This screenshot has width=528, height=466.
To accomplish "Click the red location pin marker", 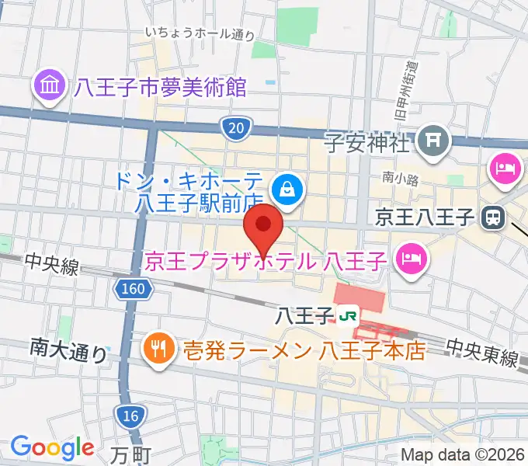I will coord(264,225).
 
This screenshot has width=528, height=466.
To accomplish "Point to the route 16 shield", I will coord(131,417).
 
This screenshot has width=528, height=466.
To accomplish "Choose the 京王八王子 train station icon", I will coord(492,218).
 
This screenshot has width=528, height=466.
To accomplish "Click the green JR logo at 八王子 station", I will coord(347,315).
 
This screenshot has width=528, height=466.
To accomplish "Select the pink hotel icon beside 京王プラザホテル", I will coord(409,259).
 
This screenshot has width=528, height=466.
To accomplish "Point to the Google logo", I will coord(52,447).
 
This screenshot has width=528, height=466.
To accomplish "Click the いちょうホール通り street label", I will coord(200,33).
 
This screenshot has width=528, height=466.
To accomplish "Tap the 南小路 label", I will coord(401,179).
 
